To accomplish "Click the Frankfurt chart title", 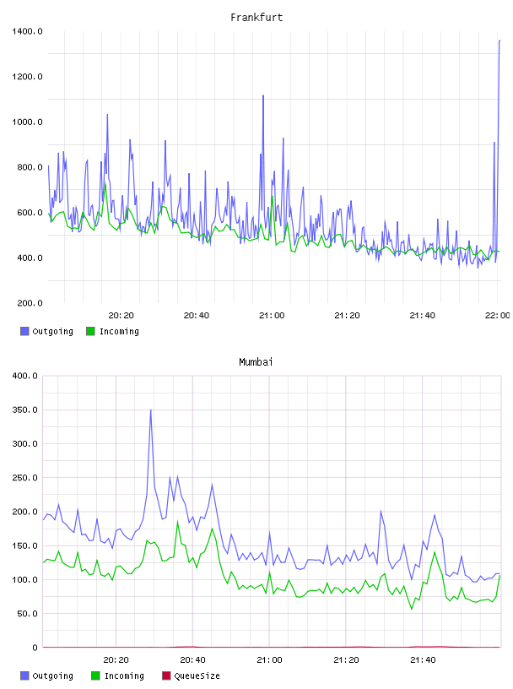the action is (x=256, y=17).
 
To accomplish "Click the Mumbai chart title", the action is (x=256, y=361).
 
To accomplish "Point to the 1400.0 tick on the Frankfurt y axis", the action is (x=27, y=31).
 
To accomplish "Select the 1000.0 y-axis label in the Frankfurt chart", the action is (x=27, y=122).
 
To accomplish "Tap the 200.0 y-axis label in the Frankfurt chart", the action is (x=30, y=303).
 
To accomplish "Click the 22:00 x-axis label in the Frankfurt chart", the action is (x=497, y=315).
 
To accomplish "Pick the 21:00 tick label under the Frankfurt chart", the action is (x=272, y=315).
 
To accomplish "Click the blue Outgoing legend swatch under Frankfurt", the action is (x=24, y=331).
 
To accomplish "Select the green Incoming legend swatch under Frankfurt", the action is (x=90, y=331).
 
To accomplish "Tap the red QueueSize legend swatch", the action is (x=166, y=675).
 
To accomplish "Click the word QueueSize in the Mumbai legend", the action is (x=197, y=675).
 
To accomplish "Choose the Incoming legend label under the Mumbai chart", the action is (x=124, y=675).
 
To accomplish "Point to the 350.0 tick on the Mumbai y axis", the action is (x=24, y=410).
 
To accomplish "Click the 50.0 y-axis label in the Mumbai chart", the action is (x=27, y=613).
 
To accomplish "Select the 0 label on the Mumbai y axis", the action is (x=35, y=648).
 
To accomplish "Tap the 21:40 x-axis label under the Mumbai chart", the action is (x=423, y=659).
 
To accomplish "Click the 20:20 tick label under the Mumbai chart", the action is (x=116, y=659).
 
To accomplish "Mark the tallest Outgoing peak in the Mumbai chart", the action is (x=151, y=410).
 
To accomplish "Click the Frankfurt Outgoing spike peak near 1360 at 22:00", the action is (x=499, y=41).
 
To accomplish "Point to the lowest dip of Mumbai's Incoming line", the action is (x=412, y=609).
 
